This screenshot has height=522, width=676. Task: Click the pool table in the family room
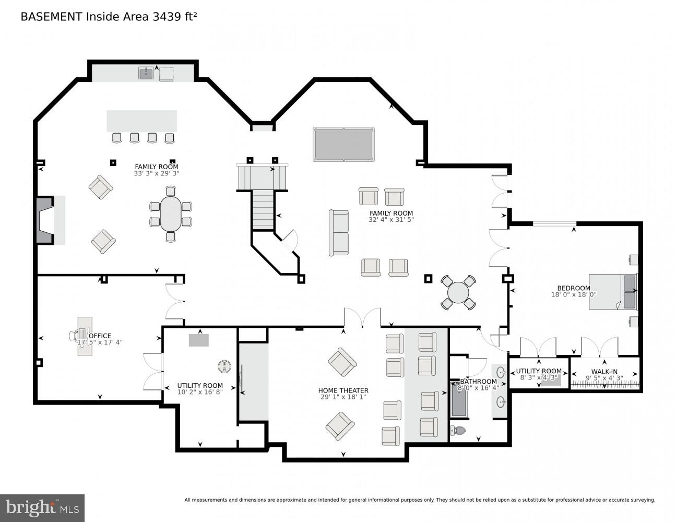click(x=343, y=145)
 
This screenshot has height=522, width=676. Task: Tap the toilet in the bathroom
click(x=457, y=431)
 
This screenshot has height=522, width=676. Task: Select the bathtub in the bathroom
click(x=458, y=400)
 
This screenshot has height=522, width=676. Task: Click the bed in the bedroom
click(x=613, y=291)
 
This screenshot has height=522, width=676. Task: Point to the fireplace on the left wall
click(x=45, y=220)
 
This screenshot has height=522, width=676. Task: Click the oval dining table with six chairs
click(x=171, y=214)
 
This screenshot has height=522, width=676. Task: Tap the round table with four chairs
click(x=458, y=293)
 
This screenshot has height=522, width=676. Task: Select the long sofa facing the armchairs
click(x=339, y=233)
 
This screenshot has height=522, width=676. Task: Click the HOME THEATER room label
click(x=343, y=390)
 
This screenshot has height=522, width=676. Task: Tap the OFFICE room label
click(x=100, y=336)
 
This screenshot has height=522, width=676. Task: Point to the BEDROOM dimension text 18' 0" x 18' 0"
click(x=574, y=295)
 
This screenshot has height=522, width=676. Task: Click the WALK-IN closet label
click(x=604, y=371)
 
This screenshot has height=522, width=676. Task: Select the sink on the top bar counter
click(x=146, y=74)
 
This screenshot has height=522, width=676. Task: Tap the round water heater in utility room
click(x=224, y=366)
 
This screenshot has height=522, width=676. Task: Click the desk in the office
click(x=85, y=336)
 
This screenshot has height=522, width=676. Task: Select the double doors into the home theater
click(x=362, y=318)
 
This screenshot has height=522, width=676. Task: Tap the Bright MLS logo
click(x=42, y=508)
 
